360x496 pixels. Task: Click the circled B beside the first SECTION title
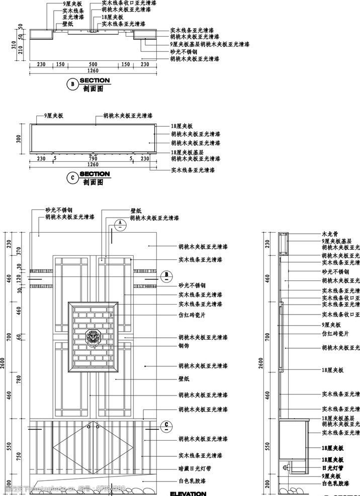pos(72,85)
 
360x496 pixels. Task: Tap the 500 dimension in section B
pos(93,64)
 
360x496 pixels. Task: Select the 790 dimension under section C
pos(93,158)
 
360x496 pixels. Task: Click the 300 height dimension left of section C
pos(19,139)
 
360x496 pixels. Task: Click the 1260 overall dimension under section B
pos(93,71)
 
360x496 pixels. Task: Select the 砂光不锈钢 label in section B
pos(184,52)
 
